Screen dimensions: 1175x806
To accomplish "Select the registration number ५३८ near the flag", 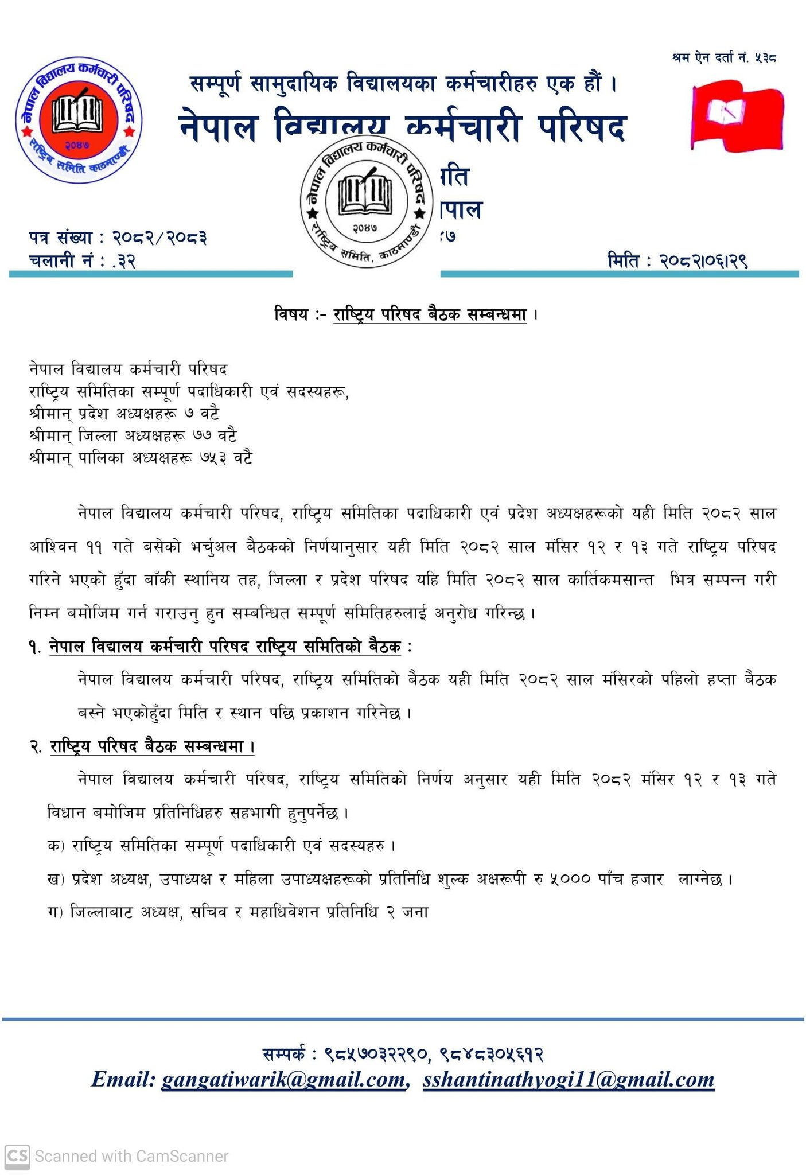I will point(766,57).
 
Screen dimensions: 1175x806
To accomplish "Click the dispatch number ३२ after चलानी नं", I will point(127,261).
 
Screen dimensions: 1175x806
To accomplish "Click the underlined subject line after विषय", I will point(430,314).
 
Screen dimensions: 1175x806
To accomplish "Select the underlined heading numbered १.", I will point(225,647).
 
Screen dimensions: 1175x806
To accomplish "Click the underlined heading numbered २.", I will point(152,746).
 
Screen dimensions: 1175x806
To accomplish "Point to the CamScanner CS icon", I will point(17,1155).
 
